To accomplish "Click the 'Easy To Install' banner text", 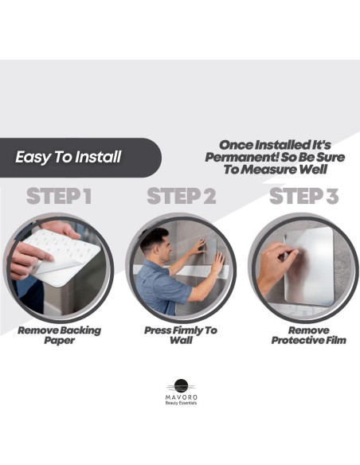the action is (68, 157).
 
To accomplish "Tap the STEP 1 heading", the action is (59, 196).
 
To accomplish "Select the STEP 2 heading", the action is (182, 196).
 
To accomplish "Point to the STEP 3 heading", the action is (303, 196).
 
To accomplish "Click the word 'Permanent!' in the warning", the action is (241, 157).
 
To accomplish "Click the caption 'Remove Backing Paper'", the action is (59, 335).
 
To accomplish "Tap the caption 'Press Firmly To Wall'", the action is (181, 335).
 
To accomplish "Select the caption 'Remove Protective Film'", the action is (309, 335).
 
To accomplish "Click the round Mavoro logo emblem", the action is (181, 386).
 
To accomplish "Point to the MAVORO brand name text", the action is (181, 397).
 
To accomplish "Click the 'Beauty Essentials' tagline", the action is (181, 403).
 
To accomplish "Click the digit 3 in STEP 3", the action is (332, 196).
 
